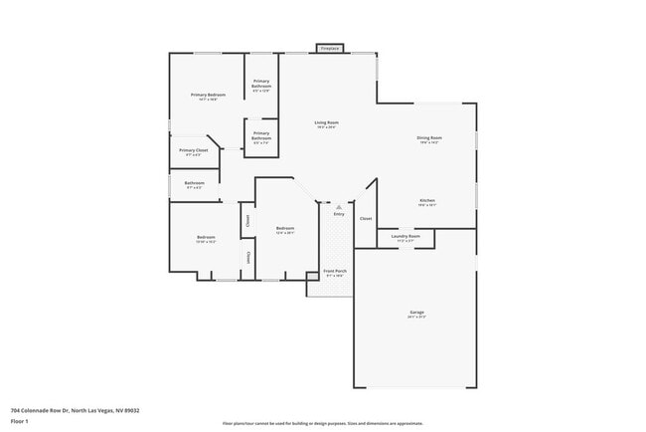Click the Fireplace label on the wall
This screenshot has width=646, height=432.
pos(330,48)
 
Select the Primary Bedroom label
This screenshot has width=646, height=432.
pos(208,95)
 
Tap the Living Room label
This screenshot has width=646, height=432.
pos(326,123)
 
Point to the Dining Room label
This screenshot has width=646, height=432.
pos(429,137)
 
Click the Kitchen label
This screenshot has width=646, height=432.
pos(427,200)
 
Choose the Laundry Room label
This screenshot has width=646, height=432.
pos(405,236)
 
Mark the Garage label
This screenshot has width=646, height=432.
pos(416,312)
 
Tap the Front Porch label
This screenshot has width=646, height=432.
pos(335,271)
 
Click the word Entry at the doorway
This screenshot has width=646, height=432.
pos(339,214)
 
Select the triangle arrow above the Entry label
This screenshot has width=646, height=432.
pos(339,206)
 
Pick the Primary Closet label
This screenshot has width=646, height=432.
pos(191,150)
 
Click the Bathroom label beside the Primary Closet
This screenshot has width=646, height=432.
pos(194,182)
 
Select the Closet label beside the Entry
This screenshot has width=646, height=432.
pos(366,218)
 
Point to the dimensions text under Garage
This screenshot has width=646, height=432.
pos(416,317)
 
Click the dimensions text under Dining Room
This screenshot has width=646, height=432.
pos(429,142)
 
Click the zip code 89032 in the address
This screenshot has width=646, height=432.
pos(131,410)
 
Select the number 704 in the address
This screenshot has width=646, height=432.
pos(16,410)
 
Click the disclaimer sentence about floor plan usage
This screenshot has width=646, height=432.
pos(322,423)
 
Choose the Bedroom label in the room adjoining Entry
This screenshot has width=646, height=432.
pos(285,228)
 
